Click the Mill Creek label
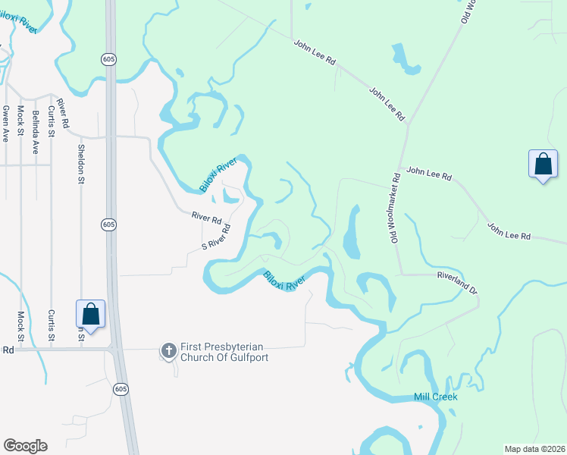click(x=436, y=397)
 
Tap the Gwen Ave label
click(x=5, y=124)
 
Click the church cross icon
click(x=168, y=350)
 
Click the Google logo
click(x=25, y=446)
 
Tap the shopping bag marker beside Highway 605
click(x=90, y=315)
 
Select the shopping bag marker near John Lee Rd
click(x=543, y=165)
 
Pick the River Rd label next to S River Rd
click(x=206, y=218)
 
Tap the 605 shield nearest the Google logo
click(x=123, y=388)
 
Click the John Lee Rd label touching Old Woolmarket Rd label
click(x=429, y=175)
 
